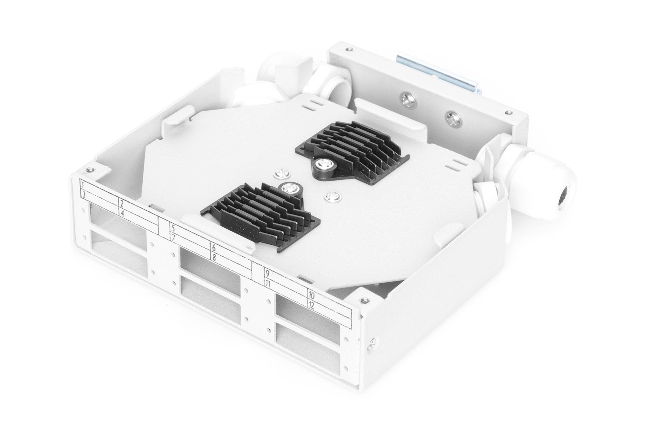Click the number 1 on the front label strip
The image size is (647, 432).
click(x=83, y=185)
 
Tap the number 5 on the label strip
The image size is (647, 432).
click(x=173, y=228)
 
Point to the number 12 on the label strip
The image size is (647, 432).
click(x=312, y=305)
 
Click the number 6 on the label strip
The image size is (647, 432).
click(x=214, y=248)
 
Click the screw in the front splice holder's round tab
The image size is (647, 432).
click(x=287, y=188)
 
